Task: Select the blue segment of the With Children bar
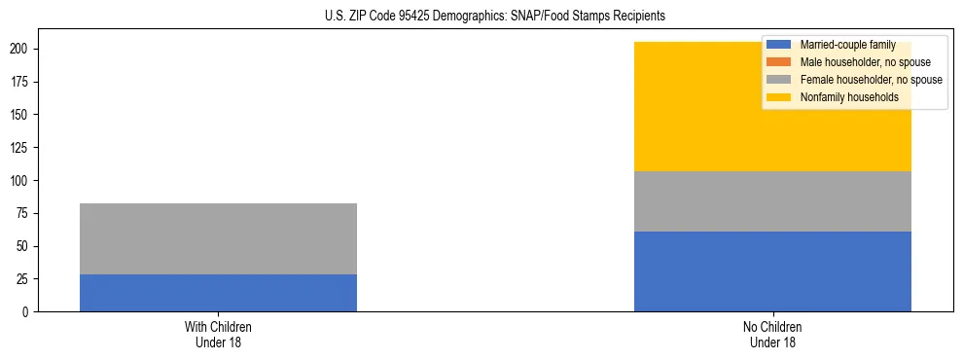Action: click(x=218, y=293)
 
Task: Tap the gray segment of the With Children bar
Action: click(x=218, y=238)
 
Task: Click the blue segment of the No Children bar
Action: click(x=772, y=271)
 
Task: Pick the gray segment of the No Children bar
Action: click(x=772, y=201)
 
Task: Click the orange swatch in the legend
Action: click(x=779, y=62)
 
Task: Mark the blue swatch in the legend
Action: click(x=779, y=45)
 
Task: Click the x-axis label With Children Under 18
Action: click(x=218, y=334)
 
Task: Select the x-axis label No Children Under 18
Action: click(x=772, y=334)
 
